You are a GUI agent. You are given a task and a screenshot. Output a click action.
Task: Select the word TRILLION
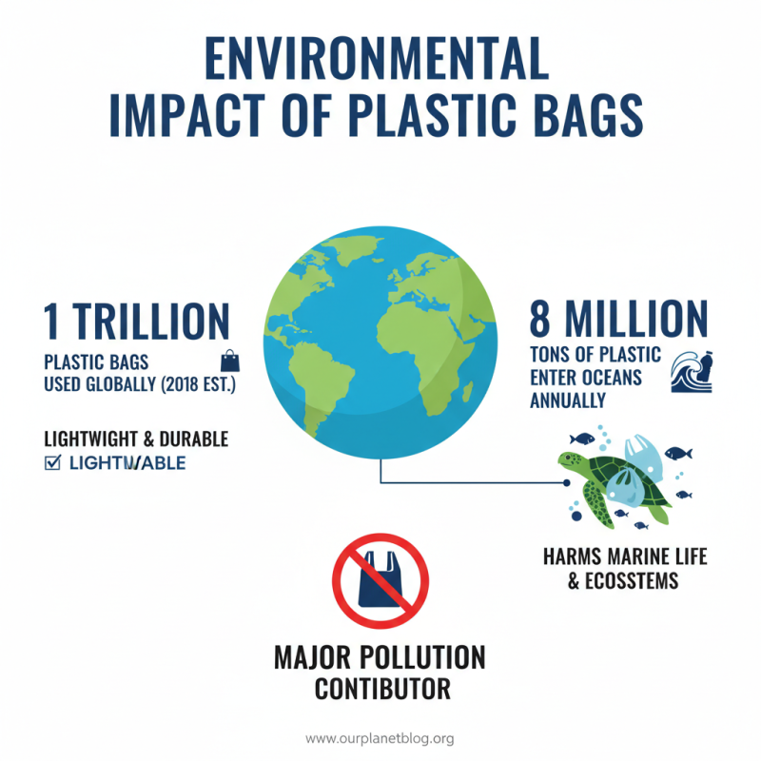152,322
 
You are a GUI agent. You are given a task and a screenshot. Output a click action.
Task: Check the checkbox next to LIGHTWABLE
52,463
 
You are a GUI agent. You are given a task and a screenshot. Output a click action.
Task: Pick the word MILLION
634,320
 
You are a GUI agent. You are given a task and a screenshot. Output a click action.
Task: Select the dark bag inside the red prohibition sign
380,580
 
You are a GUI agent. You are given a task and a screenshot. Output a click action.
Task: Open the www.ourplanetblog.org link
380,738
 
